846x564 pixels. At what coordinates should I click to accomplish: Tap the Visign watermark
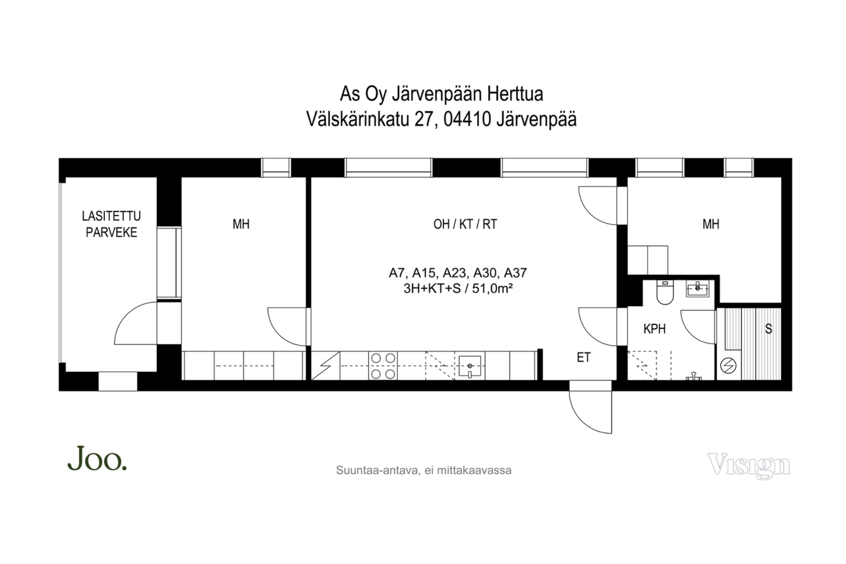[749, 465]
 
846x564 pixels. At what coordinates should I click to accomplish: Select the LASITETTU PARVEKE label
[111, 224]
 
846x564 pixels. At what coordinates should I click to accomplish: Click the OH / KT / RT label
[465, 224]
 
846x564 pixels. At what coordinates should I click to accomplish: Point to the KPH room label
[654, 329]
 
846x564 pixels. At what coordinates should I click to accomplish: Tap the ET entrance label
[583, 357]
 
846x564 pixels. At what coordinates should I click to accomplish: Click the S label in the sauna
[768, 329]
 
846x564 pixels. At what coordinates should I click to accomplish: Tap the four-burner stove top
[383, 366]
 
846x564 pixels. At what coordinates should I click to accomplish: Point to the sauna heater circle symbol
[728, 366]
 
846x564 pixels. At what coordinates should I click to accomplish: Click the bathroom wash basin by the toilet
[698, 289]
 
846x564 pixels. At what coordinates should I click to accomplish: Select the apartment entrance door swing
[590, 408]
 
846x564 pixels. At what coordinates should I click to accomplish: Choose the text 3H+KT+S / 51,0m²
[458, 289]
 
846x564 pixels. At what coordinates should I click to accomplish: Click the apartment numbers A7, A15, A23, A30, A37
[458, 273]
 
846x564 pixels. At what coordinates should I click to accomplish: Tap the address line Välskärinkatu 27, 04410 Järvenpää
[442, 119]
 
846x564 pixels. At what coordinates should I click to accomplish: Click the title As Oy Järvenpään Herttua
[442, 94]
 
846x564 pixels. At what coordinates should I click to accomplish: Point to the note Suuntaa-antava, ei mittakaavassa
[423, 471]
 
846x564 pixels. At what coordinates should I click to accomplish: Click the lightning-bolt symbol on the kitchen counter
[326, 366]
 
